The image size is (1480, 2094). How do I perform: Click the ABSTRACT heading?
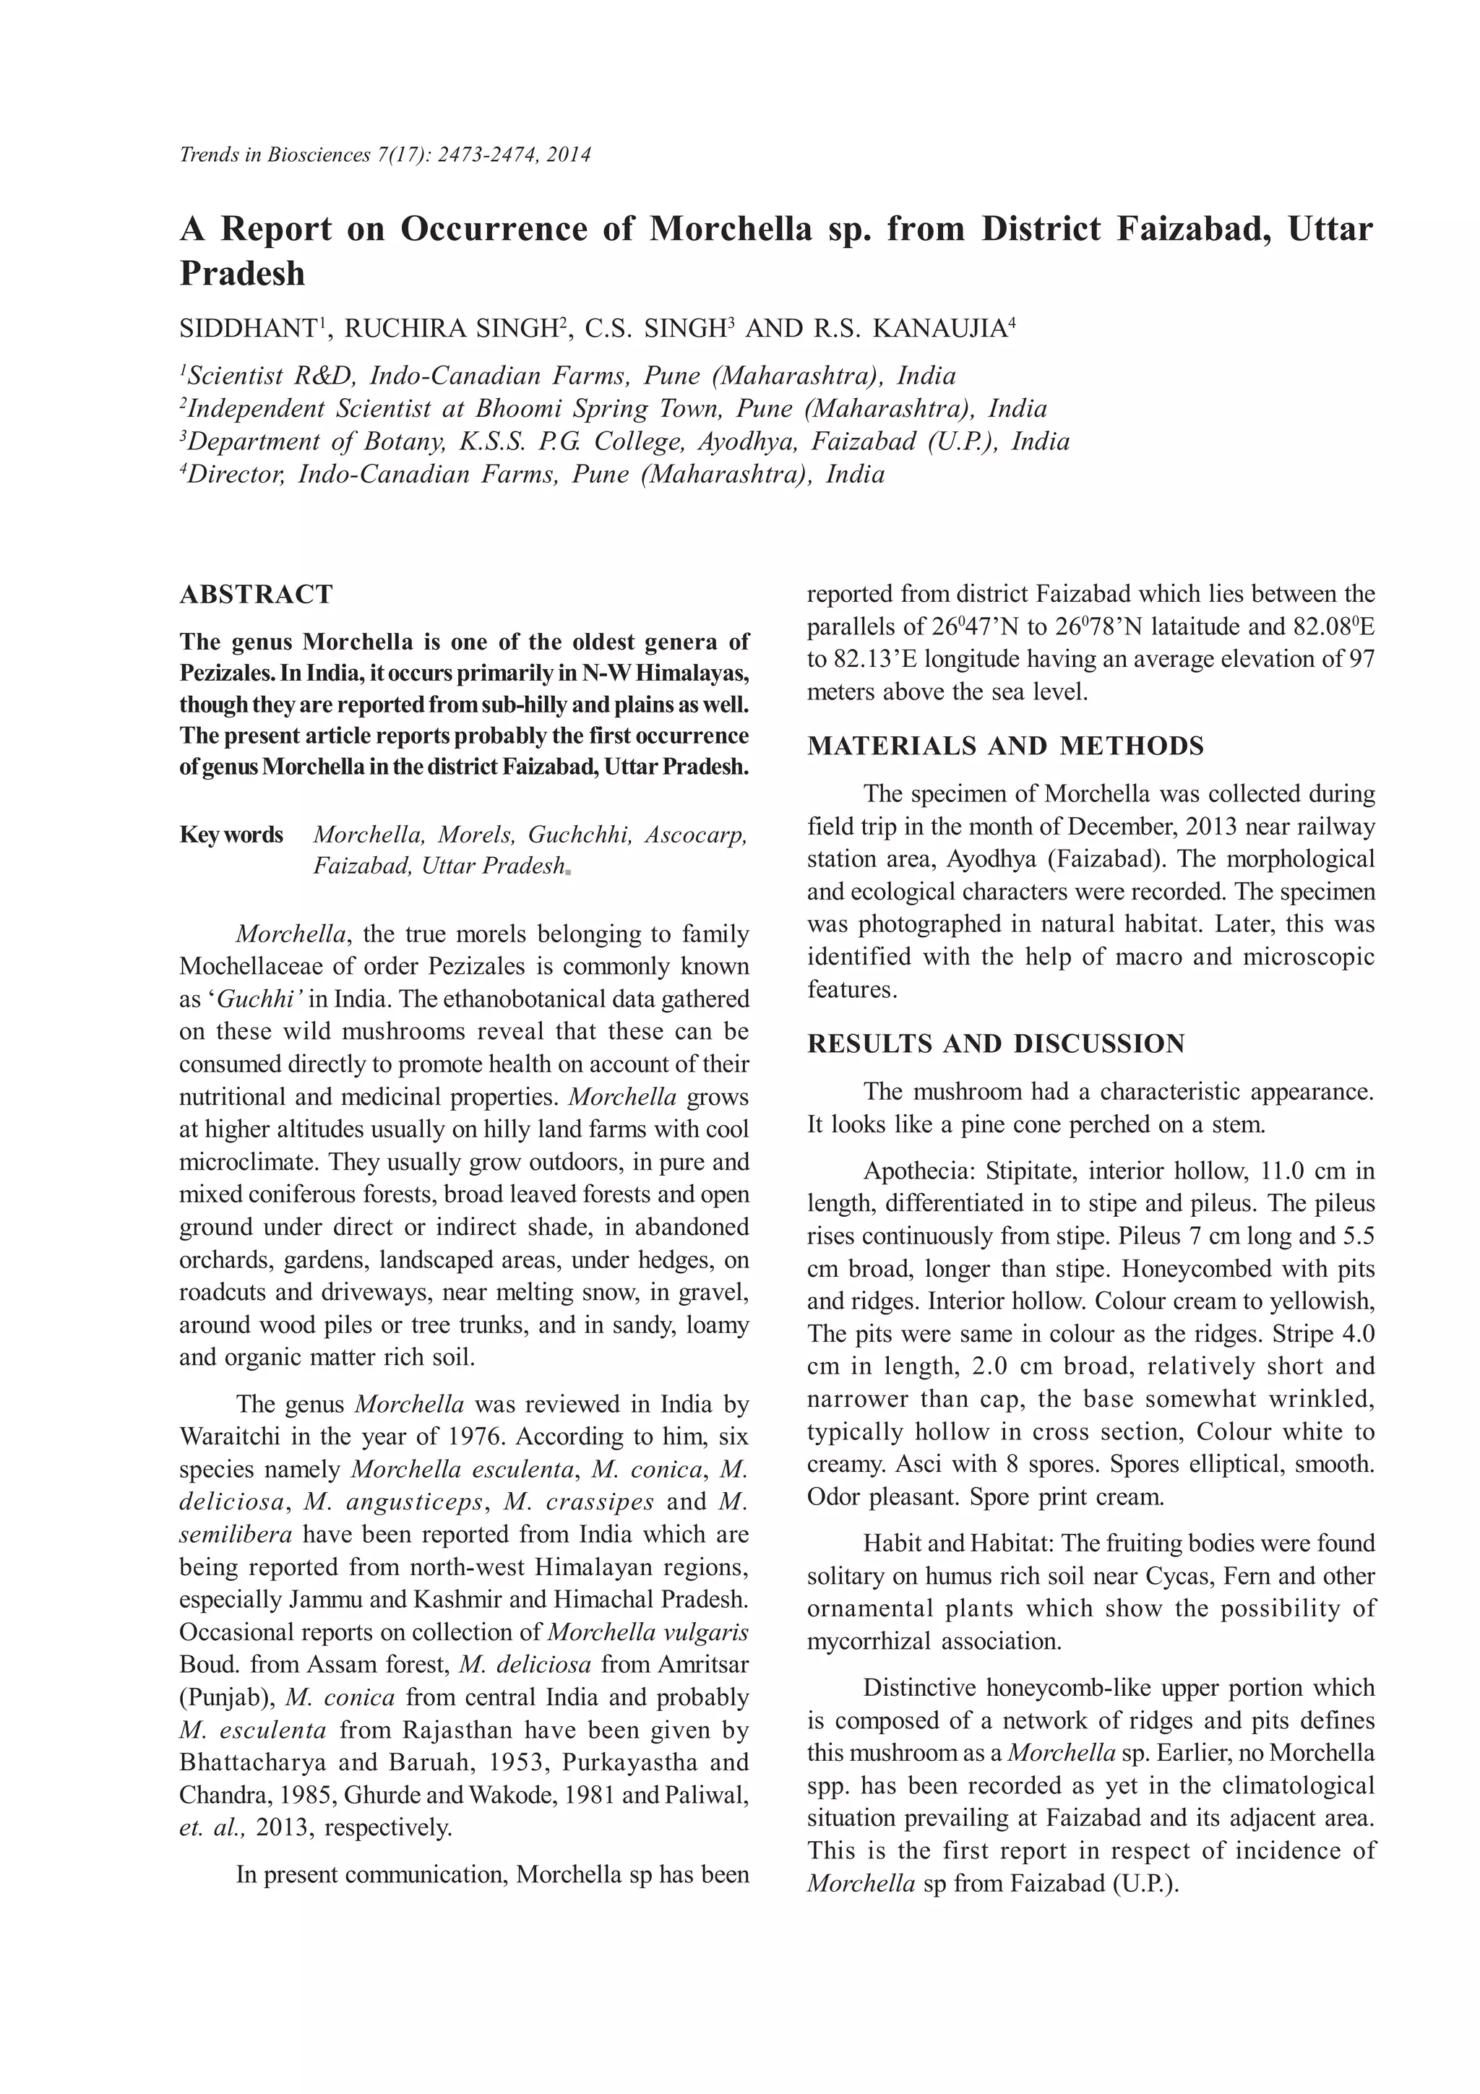click(257, 595)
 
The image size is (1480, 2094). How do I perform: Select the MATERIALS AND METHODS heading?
click(1005, 746)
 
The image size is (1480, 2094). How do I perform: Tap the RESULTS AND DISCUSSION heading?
click(996, 1043)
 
